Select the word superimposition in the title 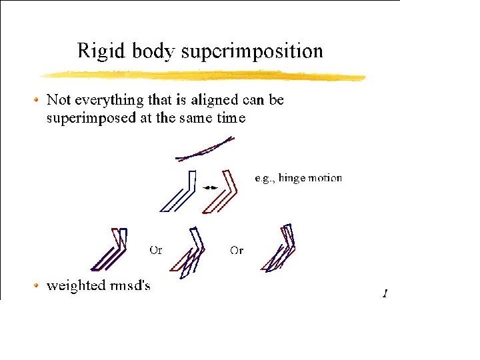[253, 51]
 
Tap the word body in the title [155, 51]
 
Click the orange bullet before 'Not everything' [36, 100]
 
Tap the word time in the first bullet [230, 118]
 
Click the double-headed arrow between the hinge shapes [210, 189]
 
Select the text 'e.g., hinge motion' [299, 178]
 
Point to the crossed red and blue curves [205, 149]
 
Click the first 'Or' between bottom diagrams [155, 251]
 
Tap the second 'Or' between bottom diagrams [237, 251]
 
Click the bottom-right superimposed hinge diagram [281, 247]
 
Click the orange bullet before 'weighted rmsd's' [36, 285]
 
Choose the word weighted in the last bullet [75, 285]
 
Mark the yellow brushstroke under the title [200, 75]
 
